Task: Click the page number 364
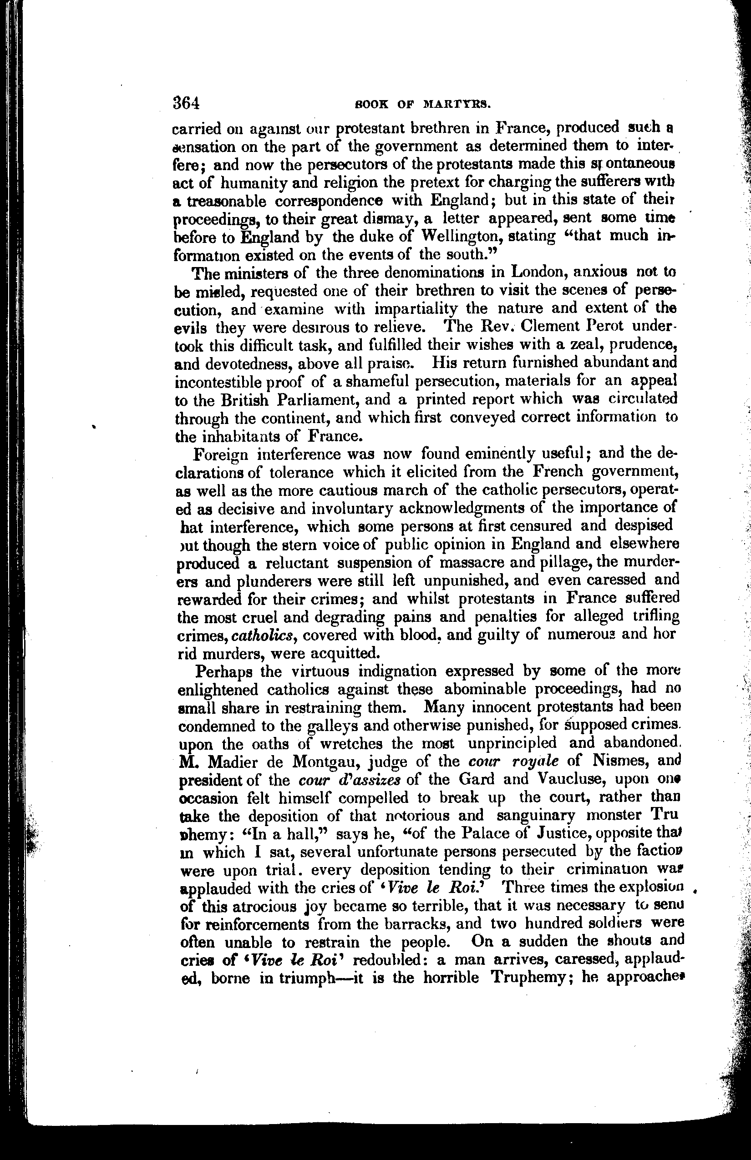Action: click(186, 103)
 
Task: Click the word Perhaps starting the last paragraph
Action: click(223, 671)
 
